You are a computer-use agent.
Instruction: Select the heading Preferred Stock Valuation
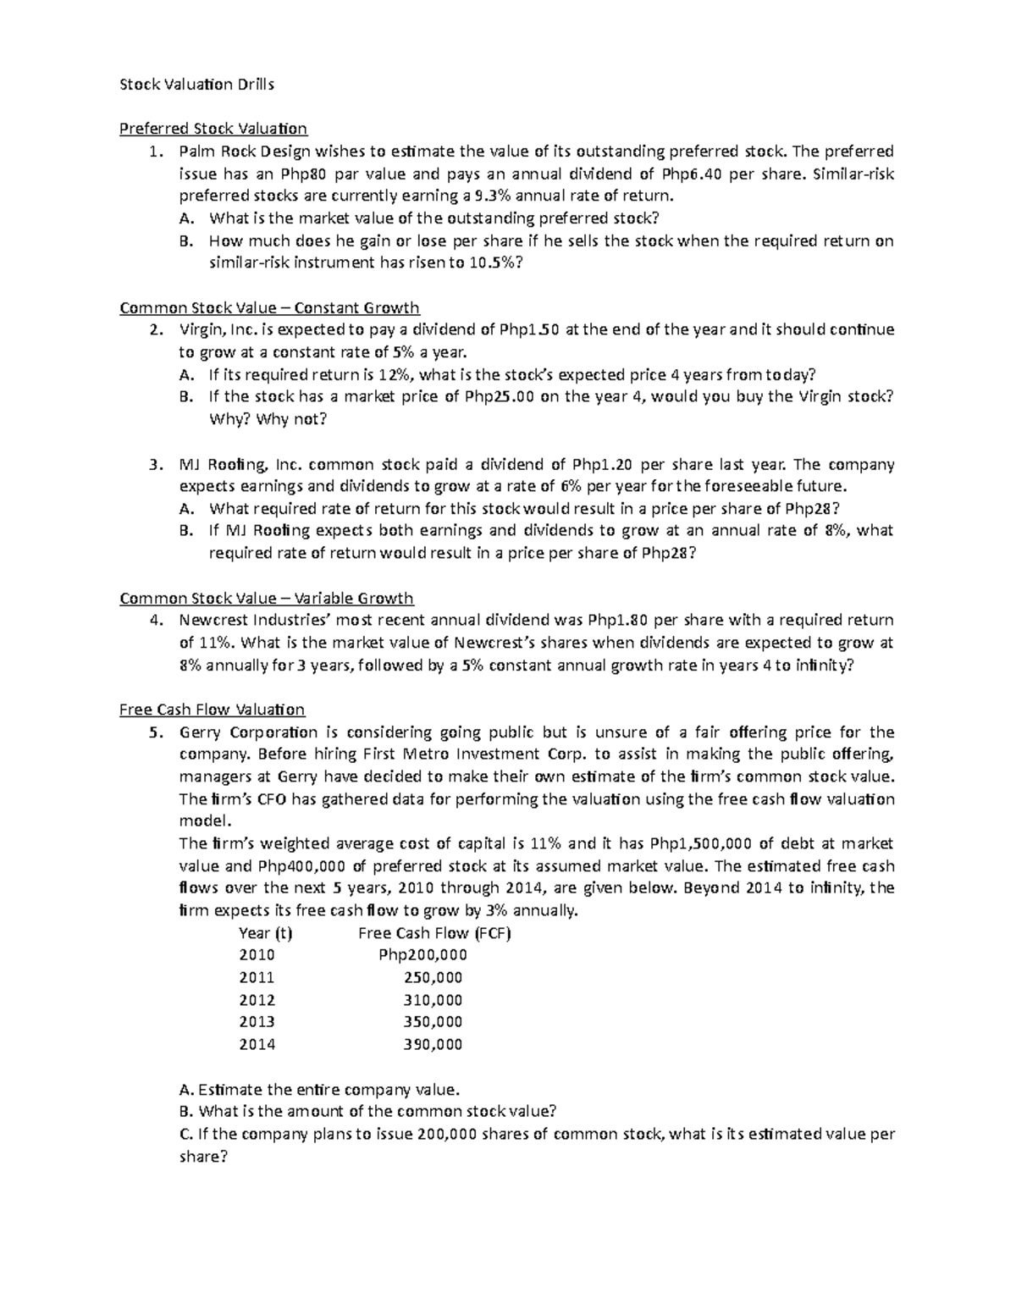[213, 129]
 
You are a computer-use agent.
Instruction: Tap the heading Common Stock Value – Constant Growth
[269, 307]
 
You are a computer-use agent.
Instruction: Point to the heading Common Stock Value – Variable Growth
[267, 599]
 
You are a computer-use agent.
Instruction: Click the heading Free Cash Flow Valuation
[212, 710]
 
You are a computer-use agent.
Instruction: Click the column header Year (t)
[266, 933]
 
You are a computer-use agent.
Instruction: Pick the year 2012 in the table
[257, 1000]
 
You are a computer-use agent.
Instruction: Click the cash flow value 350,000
[433, 1022]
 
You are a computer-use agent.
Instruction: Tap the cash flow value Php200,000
[422, 955]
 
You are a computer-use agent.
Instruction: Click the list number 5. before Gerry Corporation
[154, 732]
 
